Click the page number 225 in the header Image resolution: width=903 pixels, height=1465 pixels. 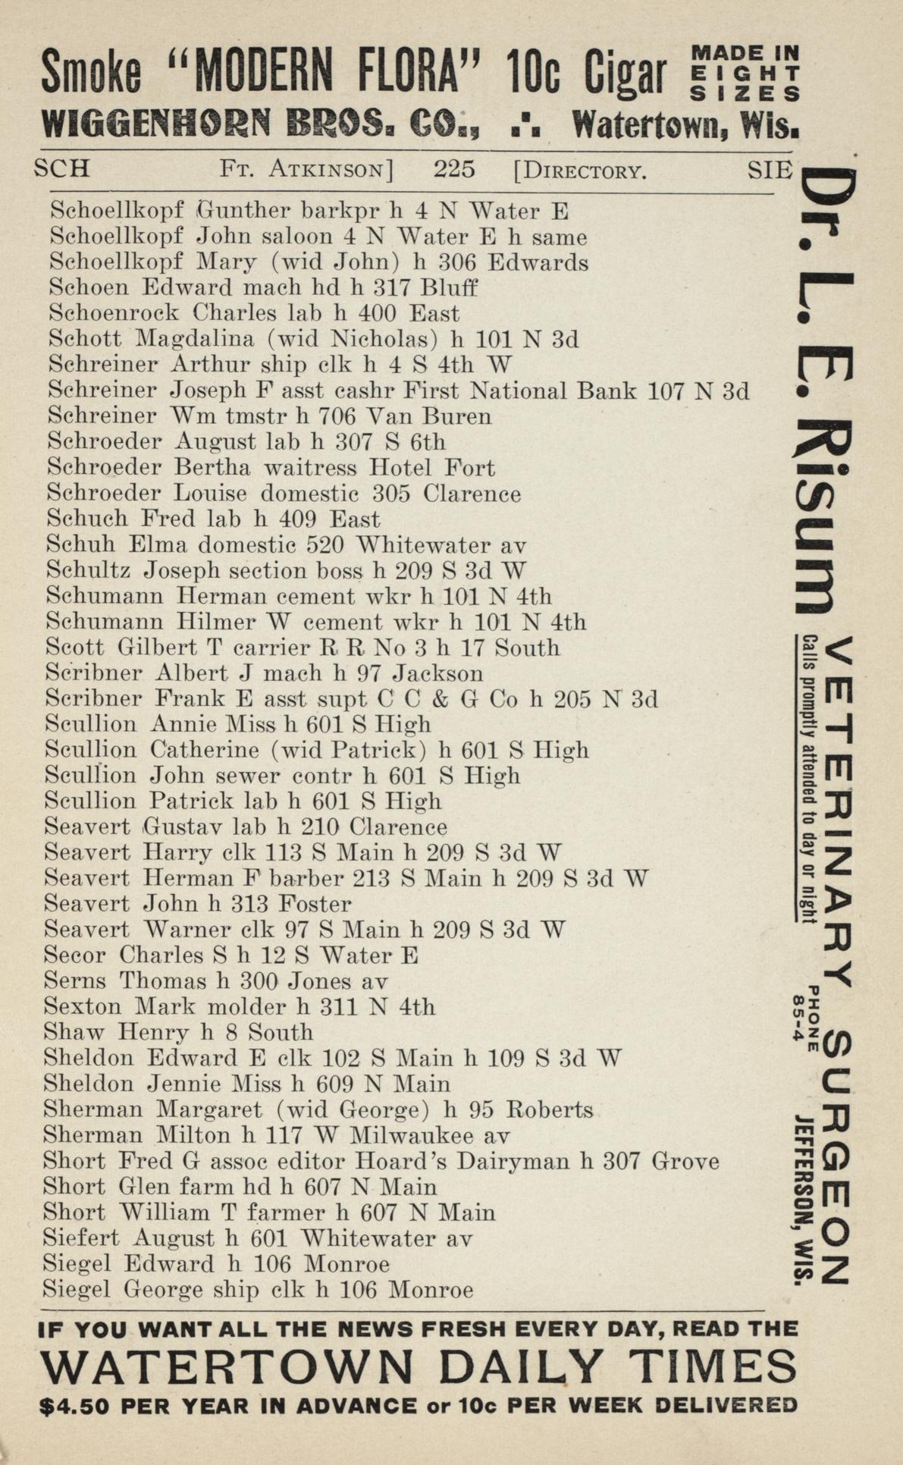click(454, 168)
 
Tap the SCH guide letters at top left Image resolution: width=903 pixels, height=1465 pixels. click(61, 168)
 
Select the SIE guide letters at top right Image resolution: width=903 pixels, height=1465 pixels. click(770, 169)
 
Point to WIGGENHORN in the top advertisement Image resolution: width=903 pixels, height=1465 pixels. click(156, 123)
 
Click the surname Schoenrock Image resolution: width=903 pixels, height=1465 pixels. click(114, 313)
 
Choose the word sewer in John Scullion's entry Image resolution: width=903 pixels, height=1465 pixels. click(245, 776)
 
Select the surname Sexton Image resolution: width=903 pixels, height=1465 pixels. click(82, 1007)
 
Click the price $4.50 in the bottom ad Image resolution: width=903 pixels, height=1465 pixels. click(74, 1406)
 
